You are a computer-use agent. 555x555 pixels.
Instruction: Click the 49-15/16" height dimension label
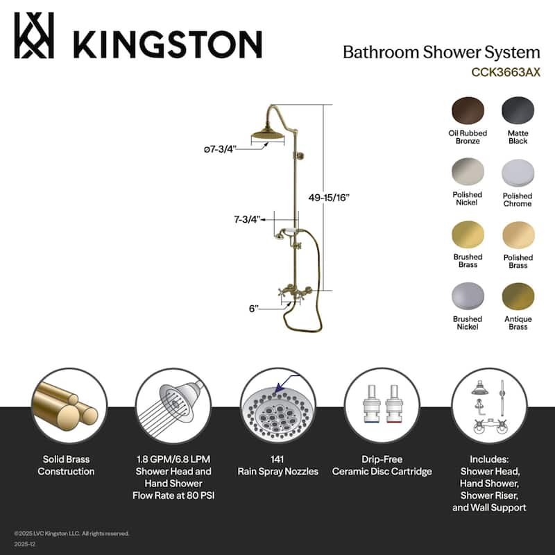(x=329, y=197)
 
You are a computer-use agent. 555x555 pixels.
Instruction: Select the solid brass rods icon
(x=69, y=405)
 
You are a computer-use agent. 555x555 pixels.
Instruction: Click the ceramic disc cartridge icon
(x=382, y=405)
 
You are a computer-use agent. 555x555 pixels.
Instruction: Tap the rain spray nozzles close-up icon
(x=277, y=407)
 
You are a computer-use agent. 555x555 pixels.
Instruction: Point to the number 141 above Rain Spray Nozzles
(x=277, y=459)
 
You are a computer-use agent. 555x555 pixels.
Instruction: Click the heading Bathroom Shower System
(x=441, y=52)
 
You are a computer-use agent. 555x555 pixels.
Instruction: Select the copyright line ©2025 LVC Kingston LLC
(x=71, y=533)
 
